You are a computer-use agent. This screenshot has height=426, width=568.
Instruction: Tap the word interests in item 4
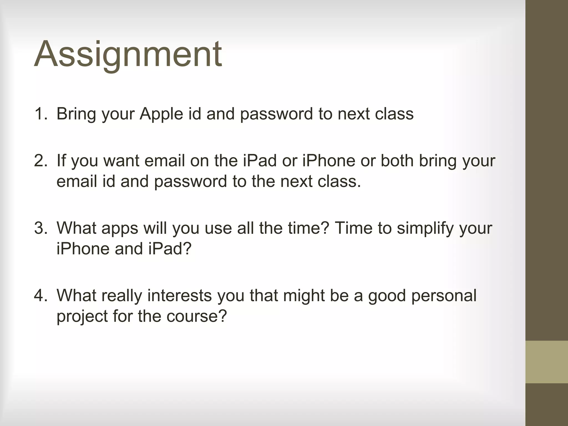[180, 295]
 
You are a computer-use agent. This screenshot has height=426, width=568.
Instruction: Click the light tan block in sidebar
[546, 362]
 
